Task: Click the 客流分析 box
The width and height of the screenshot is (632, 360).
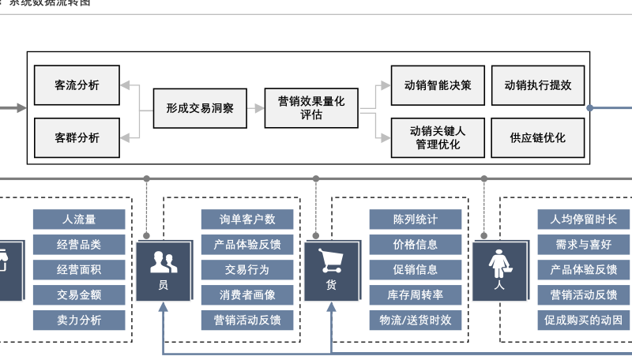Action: (x=77, y=85)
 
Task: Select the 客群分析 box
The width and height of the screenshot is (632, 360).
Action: (x=77, y=137)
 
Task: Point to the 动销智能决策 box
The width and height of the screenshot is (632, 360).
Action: (x=437, y=85)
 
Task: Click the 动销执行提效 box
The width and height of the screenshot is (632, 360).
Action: (x=537, y=85)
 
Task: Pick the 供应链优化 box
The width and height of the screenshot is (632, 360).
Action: (x=537, y=137)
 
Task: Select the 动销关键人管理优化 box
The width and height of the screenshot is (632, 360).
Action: (x=437, y=137)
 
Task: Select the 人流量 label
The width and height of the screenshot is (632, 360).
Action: (x=79, y=219)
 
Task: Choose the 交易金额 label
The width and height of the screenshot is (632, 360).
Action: (x=79, y=295)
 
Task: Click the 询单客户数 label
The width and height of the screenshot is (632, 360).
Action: (x=247, y=219)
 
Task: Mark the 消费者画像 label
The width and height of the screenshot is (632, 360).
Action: (x=247, y=295)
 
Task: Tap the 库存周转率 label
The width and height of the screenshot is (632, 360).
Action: (x=416, y=295)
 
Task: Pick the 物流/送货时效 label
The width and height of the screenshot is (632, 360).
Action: (x=416, y=321)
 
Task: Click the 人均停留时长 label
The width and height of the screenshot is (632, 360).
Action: (x=583, y=219)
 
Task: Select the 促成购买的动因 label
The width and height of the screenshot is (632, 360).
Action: (x=583, y=321)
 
